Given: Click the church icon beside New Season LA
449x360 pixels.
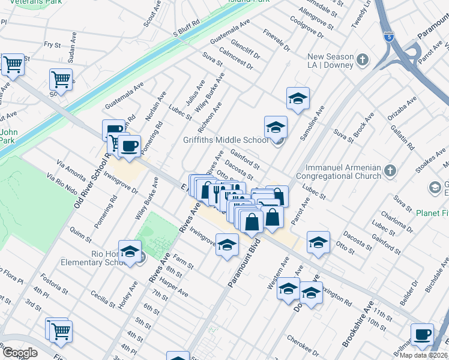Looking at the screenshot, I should coord(362,59).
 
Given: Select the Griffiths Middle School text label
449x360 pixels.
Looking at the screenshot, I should coord(226,140).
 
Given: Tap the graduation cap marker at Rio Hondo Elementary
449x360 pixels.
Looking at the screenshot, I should coord(130,252).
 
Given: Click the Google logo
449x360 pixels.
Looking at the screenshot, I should coord(20,353).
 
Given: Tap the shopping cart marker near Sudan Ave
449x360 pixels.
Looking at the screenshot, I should coord(61,79).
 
